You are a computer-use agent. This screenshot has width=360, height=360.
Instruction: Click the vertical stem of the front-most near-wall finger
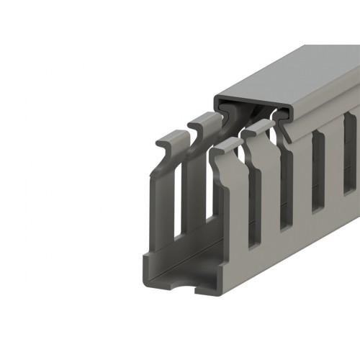pyautogui.click(x=230, y=216)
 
